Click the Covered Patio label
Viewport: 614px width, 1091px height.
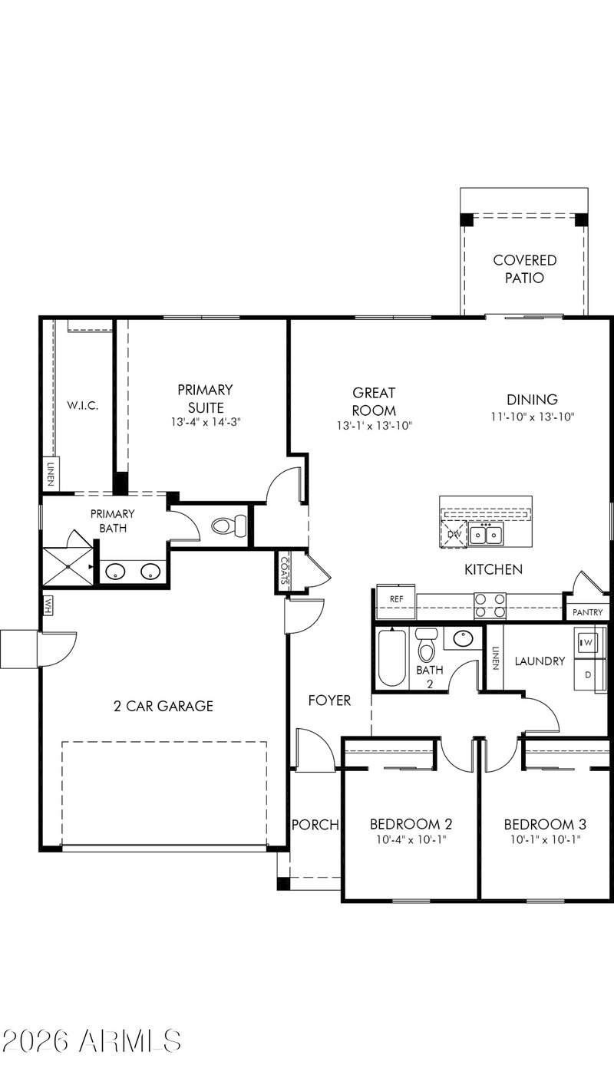point(524,269)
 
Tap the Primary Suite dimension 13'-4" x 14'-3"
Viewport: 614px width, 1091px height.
point(206,422)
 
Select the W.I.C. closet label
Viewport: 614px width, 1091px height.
point(83,405)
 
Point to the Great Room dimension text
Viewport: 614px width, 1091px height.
point(375,426)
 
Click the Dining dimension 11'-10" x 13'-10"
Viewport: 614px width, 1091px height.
point(533,417)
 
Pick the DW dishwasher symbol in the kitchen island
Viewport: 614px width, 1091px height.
point(453,534)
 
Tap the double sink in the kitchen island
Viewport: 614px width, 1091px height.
point(487,534)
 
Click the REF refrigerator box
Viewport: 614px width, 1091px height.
point(396,602)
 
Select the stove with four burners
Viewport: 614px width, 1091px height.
point(490,606)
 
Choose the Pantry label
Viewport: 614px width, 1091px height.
point(588,613)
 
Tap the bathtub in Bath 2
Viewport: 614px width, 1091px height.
point(391,658)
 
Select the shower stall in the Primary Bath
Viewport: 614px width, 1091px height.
point(68,566)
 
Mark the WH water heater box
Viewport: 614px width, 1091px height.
point(48,606)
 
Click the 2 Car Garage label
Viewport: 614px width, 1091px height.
point(163,706)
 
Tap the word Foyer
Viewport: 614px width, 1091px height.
point(329,700)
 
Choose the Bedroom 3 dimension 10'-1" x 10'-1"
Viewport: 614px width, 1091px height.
point(545,839)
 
